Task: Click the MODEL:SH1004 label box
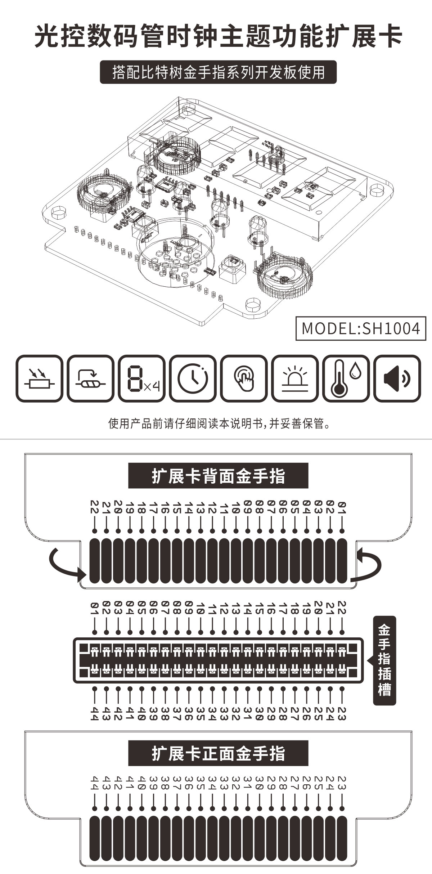tap(361, 328)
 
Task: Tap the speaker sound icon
tap(397, 378)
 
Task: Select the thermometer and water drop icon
tap(346, 378)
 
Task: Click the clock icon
tap(193, 378)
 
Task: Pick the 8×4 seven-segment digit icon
tap(142, 378)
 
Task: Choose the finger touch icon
tap(244, 378)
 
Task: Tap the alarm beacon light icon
tap(295, 378)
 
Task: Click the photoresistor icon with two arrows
tap(40, 378)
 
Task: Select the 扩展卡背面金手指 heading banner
tap(218, 476)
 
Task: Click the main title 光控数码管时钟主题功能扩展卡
tap(218, 36)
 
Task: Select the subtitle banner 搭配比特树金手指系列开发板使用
tap(218, 72)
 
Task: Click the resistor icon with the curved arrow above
tap(91, 378)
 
